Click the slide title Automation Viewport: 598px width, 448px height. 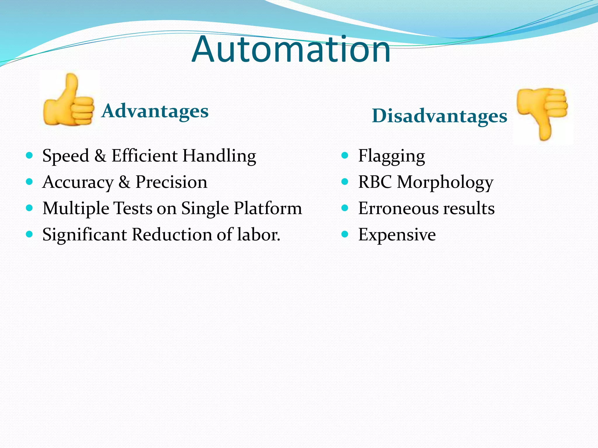[291, 50]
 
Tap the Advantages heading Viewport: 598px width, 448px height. [155, 111]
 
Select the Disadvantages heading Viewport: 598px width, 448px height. [439, 116]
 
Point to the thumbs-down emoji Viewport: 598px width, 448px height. [543, 113]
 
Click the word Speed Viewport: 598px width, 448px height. [66, 156]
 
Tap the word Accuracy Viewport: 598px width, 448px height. [78, 182]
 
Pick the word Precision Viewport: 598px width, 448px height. [171, 182]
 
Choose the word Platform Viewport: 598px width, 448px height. [268, 209]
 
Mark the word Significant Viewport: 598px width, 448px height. [85, 235]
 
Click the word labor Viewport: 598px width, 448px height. [258, 235]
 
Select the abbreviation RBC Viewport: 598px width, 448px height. [375, 182]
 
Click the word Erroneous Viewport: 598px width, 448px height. [398, 209]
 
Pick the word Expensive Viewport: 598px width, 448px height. [397, 235]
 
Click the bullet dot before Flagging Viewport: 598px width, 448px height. [345, 155]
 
